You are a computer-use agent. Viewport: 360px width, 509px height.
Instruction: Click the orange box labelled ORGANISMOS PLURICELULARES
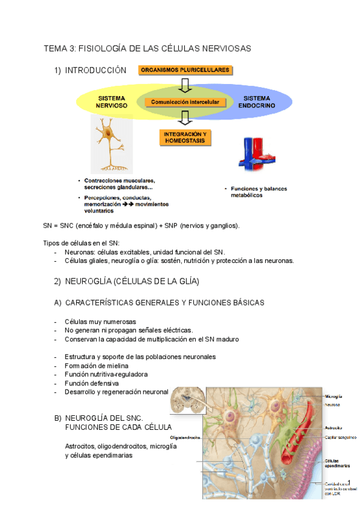pyautogui.click(x=185, y=70)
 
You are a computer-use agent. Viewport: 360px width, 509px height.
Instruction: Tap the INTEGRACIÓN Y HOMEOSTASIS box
pyautogui.click(x=185, y=137)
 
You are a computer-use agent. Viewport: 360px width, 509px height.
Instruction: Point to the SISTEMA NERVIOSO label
pyautogui.click(x=112, y=101)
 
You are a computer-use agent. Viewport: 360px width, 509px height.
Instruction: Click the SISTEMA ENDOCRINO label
pyautogui.click(x=257, y=101)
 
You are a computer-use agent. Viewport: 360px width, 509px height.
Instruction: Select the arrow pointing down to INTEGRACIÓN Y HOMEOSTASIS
pyautogui.click(x=185, y=119)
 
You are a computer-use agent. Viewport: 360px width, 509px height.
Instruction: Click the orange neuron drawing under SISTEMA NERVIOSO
pyautogui.click(x=112, y=143)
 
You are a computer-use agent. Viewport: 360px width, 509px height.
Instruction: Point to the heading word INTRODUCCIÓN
pyautogui.click(x=96, y=70)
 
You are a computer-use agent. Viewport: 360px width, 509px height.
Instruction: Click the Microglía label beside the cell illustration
pyautogui.click(x=334, y=396)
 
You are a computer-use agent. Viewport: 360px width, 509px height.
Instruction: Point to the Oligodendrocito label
pyautogui.click(x=185, y=437)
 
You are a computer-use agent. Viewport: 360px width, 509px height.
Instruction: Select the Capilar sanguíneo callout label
pyautogui.click(x=340, y=438)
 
